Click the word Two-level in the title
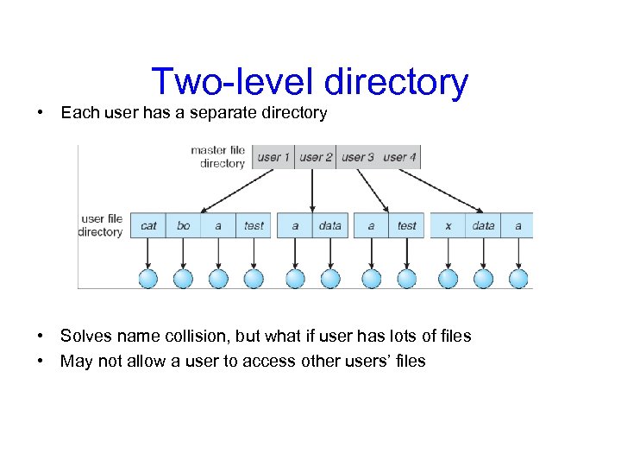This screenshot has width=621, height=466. pyautogui.click(x=234, y=82)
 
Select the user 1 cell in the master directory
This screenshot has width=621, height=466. pyautogui.click(x=274, y=157)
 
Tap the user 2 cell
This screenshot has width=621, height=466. pyautogui.click(x=316, y=157)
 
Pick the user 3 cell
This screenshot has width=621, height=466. pyautogui.click(x=357, y=157)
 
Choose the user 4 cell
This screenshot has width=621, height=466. pyautogui.click(x=398, y=157)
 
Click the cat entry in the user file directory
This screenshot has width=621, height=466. pyautogui.click(x=148, y=226)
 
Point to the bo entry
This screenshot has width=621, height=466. pyautogui.click(x=183, y=226)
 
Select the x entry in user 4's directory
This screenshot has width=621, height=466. pyautogui.click(x=448, y=226)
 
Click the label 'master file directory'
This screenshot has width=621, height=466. pyautogui.click(x=218, y=156)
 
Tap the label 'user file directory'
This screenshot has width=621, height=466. pyautogui.click(x=101, y=225)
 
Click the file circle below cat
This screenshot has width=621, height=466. pyautogui.click(x=148, y=279)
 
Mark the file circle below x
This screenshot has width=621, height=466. pyautogui.click(x=448, y=279)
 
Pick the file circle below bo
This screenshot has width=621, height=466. pyautogui.click(x=183, y=279)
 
